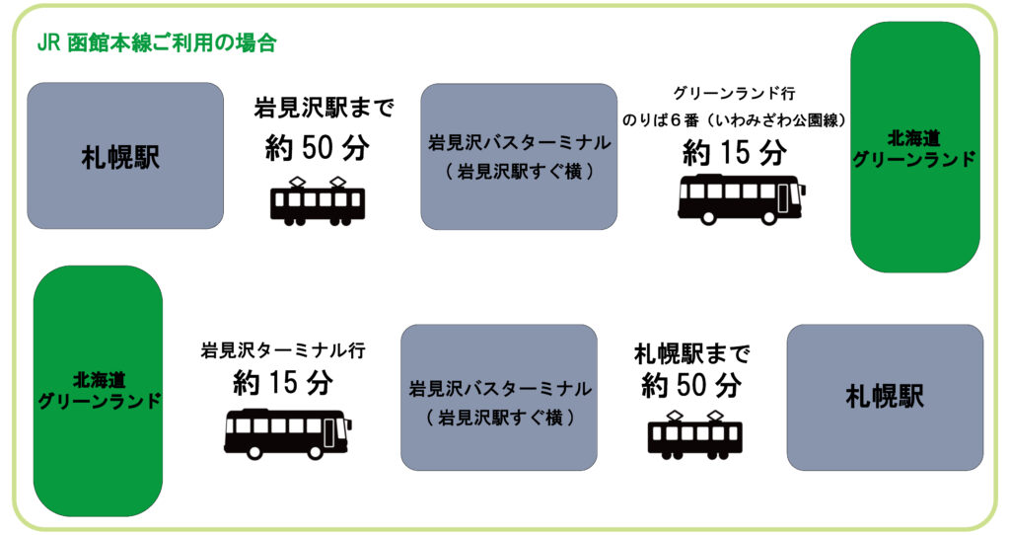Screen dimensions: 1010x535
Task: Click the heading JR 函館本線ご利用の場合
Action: pos(157,42)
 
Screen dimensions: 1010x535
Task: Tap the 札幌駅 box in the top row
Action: pos(125,155)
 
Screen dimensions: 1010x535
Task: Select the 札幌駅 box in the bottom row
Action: pos(885,397)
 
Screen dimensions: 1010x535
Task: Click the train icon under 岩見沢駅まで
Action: pos(318,201)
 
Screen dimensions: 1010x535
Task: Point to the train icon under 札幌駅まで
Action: pos(695,434)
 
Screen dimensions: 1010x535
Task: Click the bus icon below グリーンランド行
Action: pos(742,199)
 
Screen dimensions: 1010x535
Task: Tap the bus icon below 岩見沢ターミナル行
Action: pos(288,433)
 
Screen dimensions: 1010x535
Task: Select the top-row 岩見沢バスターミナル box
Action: pos(519,156)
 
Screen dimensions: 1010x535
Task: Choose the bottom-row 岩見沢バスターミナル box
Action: pos(499,397)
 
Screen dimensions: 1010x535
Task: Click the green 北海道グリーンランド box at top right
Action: pos(915,147)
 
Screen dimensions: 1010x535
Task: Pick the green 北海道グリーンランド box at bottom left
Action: pos(98,391)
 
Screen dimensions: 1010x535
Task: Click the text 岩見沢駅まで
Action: pos(324,108)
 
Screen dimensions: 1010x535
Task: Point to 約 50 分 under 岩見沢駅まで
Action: pos(318,148)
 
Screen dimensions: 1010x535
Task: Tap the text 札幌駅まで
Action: pos(692,353)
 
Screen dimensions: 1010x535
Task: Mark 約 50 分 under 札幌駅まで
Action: pos(691,386)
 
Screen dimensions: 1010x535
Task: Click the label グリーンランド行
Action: pos(734,94)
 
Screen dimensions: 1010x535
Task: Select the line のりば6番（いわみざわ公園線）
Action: pos(734,119)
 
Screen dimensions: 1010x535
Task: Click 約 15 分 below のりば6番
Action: pos(735,153)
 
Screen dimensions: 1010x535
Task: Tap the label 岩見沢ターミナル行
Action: pos(283,350)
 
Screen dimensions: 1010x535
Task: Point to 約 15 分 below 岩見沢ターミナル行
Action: pos(283,382)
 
